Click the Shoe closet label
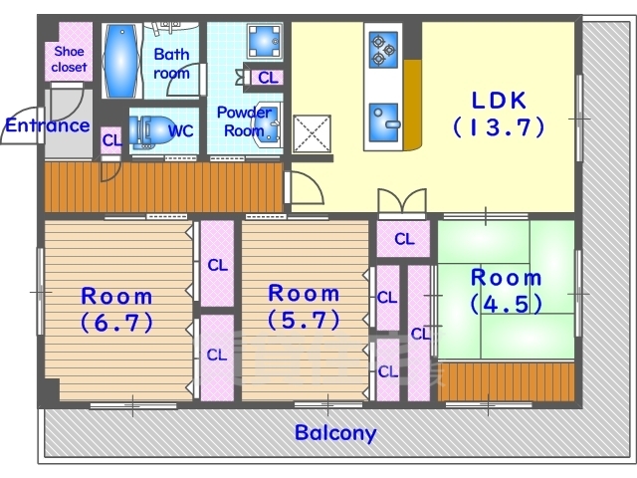70,59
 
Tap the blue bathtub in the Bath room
121,61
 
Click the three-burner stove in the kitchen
383,50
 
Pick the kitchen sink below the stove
384,122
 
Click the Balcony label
335,433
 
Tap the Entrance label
47,125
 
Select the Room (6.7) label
117,310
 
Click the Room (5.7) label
304,307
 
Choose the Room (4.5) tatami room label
507,291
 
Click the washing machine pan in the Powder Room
265,42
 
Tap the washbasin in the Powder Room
267,123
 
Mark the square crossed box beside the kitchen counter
312,133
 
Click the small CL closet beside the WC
111,140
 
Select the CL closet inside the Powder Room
268,78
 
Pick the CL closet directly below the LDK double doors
403,239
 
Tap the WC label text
180,130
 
